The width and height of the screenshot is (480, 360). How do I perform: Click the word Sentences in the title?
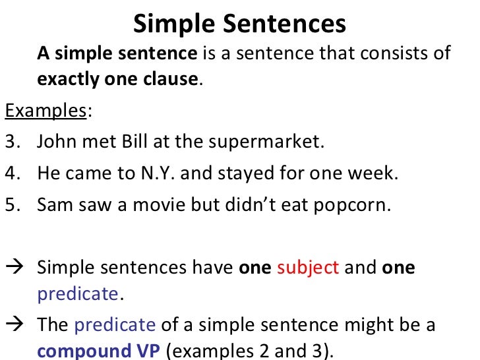(x=285, y=24)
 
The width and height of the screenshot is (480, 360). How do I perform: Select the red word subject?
(x=308, y=268)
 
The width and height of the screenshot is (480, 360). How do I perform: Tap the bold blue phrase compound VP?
(x=98, y=350)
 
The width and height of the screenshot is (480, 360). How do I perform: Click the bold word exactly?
(x=67, y=80)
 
